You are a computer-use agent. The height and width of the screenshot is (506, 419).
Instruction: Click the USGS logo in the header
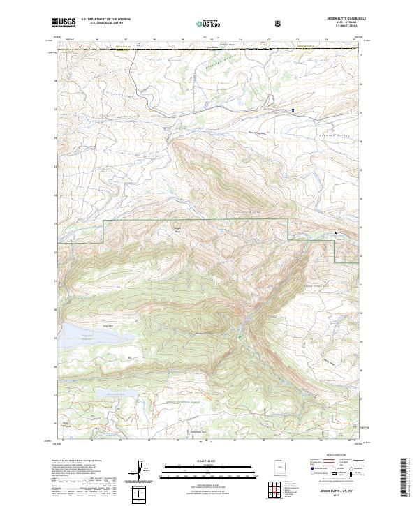tap(64, 23)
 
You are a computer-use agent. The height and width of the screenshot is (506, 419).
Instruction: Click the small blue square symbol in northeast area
tap(293, 110)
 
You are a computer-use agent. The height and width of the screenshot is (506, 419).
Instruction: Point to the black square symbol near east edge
tap(337, 232)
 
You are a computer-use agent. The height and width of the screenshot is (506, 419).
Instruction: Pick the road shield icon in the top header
tap(279, 23)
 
